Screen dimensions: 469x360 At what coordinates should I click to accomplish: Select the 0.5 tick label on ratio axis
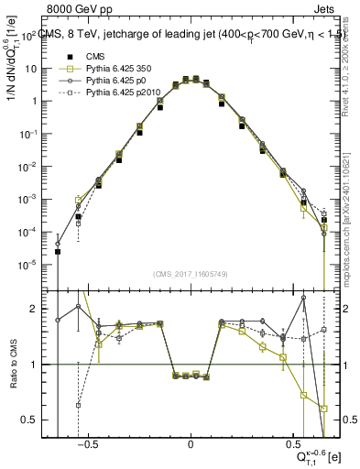tap(37, 420)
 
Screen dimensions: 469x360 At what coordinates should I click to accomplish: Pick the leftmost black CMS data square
tap(58, 251)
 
